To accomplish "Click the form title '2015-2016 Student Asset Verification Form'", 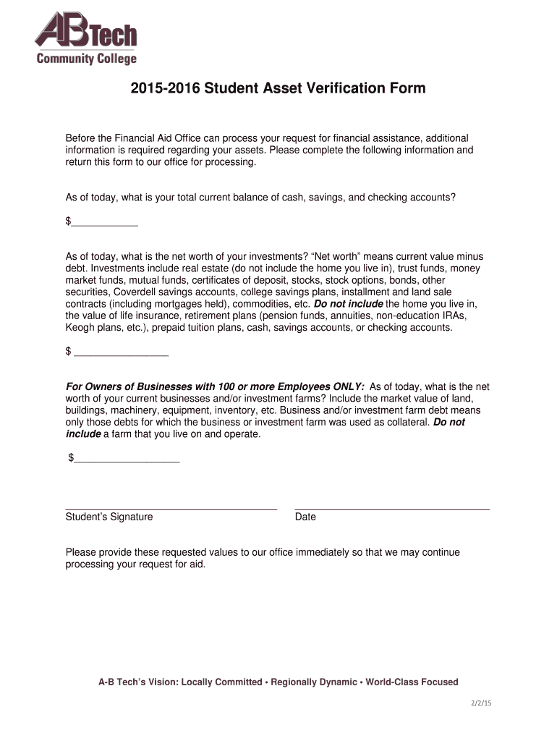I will click(x=278, y=89).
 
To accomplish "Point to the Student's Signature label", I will click(x=109, y=517).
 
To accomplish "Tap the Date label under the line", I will click(x=305, y=517).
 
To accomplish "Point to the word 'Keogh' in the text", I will click(x=81, y=327).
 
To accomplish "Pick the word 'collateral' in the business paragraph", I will click(x=406, y=422).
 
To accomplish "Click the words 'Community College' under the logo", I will click(x=86, y=59).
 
